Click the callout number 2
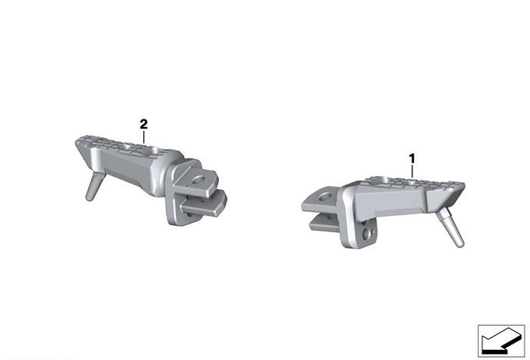click(x=143, y=125)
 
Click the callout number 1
click(x=412, y=158)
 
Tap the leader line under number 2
click(x=143, y=137)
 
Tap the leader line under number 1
click(x=412, y=171)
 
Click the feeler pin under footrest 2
click(x=94, y=186)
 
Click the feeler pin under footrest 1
click(x=451, y=228)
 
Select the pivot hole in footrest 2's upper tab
click(x=199, y=180)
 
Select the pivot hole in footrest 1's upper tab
click(x=326, y=196)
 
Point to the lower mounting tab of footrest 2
click(x=203, y=204)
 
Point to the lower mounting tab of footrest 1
click(x=325, y=224)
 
